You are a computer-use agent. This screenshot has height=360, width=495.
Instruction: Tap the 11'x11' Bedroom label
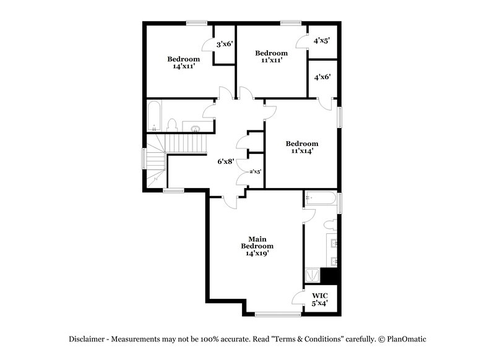pyautogui.click(x=272, y=57)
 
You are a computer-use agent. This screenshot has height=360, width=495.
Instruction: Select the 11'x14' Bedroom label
pyautogui.click(x=301, y=147)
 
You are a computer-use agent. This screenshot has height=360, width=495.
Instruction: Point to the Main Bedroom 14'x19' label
pyautogui.click(x=257, y=246)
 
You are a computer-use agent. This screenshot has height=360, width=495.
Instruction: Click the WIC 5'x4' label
pyautogui.click(x=319, y=299)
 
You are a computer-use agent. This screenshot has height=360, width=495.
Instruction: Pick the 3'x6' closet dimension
pyautogui.click(x=224, y=45)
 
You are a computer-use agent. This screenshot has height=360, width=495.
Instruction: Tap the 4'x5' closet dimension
pyautogui.click(x=321, y=41)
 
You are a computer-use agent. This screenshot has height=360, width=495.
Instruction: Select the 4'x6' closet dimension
pyautogui.click(x=322, y=77)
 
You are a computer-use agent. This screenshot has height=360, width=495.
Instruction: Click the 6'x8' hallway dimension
pyautogui.click(x=225, y=161)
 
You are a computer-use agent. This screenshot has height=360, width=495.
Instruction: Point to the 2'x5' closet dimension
pyautogui.click(x=255, y=173)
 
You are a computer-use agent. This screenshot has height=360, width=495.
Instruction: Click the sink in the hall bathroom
pyautogui.click(x=196, y=128)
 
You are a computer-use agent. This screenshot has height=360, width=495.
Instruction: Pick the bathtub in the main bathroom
pyautogui.click(x=321, y=199)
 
